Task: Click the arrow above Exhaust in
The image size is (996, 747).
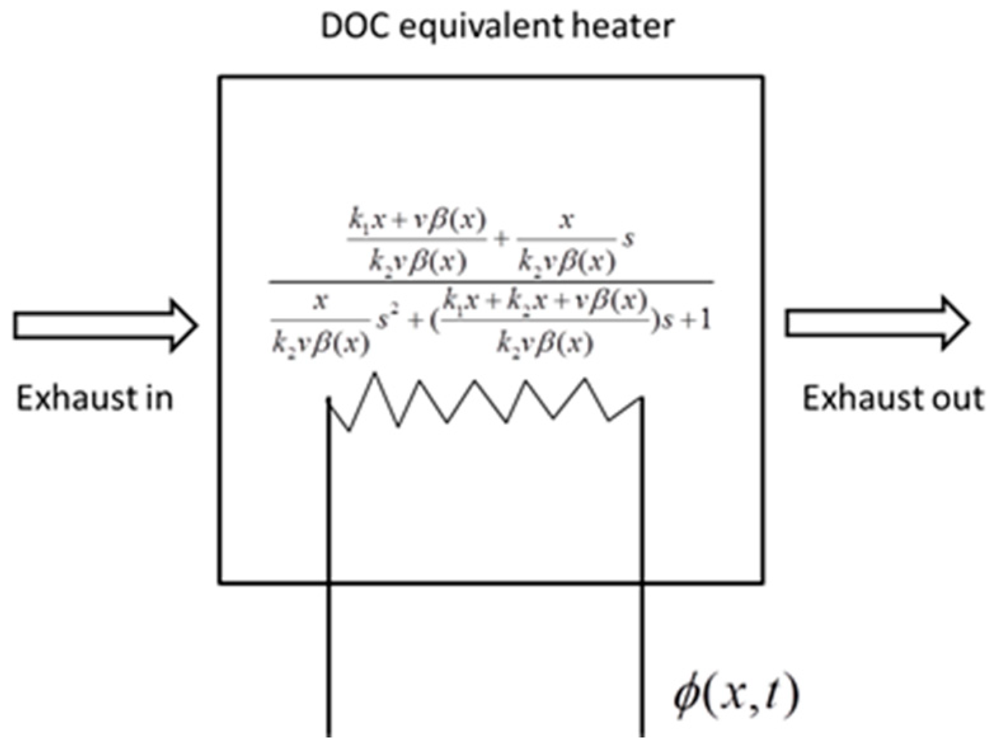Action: coord(105,326)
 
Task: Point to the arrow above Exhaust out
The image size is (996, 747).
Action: coord(877,324)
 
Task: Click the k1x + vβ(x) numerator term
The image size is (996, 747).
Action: coord(417,221)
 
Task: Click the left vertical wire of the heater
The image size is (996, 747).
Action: coord(329,571)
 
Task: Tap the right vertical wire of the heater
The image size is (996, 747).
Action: coord(642,571)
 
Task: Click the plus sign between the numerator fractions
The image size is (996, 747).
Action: coord(502,239)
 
